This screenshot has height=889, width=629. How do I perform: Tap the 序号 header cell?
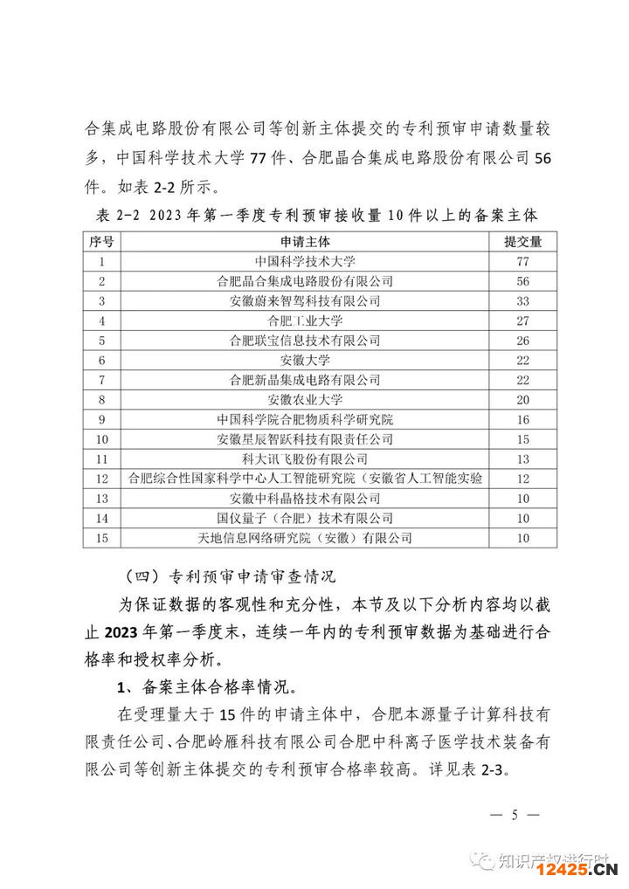(102, 241)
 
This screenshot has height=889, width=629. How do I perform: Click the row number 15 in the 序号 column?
(102, 539)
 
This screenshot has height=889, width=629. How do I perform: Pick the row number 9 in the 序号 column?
(102, 420)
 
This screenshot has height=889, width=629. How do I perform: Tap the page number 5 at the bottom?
(515, 816)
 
